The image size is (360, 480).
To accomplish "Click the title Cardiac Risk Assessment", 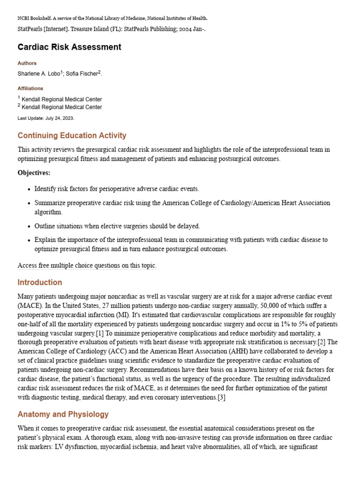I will [x=69, y=47].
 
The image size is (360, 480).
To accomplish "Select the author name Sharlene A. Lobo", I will [x=38, y=74].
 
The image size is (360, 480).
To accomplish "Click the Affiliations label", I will [x=30, y=88].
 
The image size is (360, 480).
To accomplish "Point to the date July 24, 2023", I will [x=60, y=118].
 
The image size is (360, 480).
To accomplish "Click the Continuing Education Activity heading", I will [x=72, y=135].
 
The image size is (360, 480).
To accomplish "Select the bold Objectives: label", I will [x=34, y=173].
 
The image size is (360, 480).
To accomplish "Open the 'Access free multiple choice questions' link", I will [x=87, y=266].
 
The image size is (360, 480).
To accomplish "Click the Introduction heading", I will [x=40, y=283].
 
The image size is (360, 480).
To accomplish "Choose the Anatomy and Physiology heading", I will [x=63, y=414].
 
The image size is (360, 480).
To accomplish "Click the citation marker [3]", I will [x=221, y=397].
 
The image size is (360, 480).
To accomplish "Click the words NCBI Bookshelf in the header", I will [x=36, y=18].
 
